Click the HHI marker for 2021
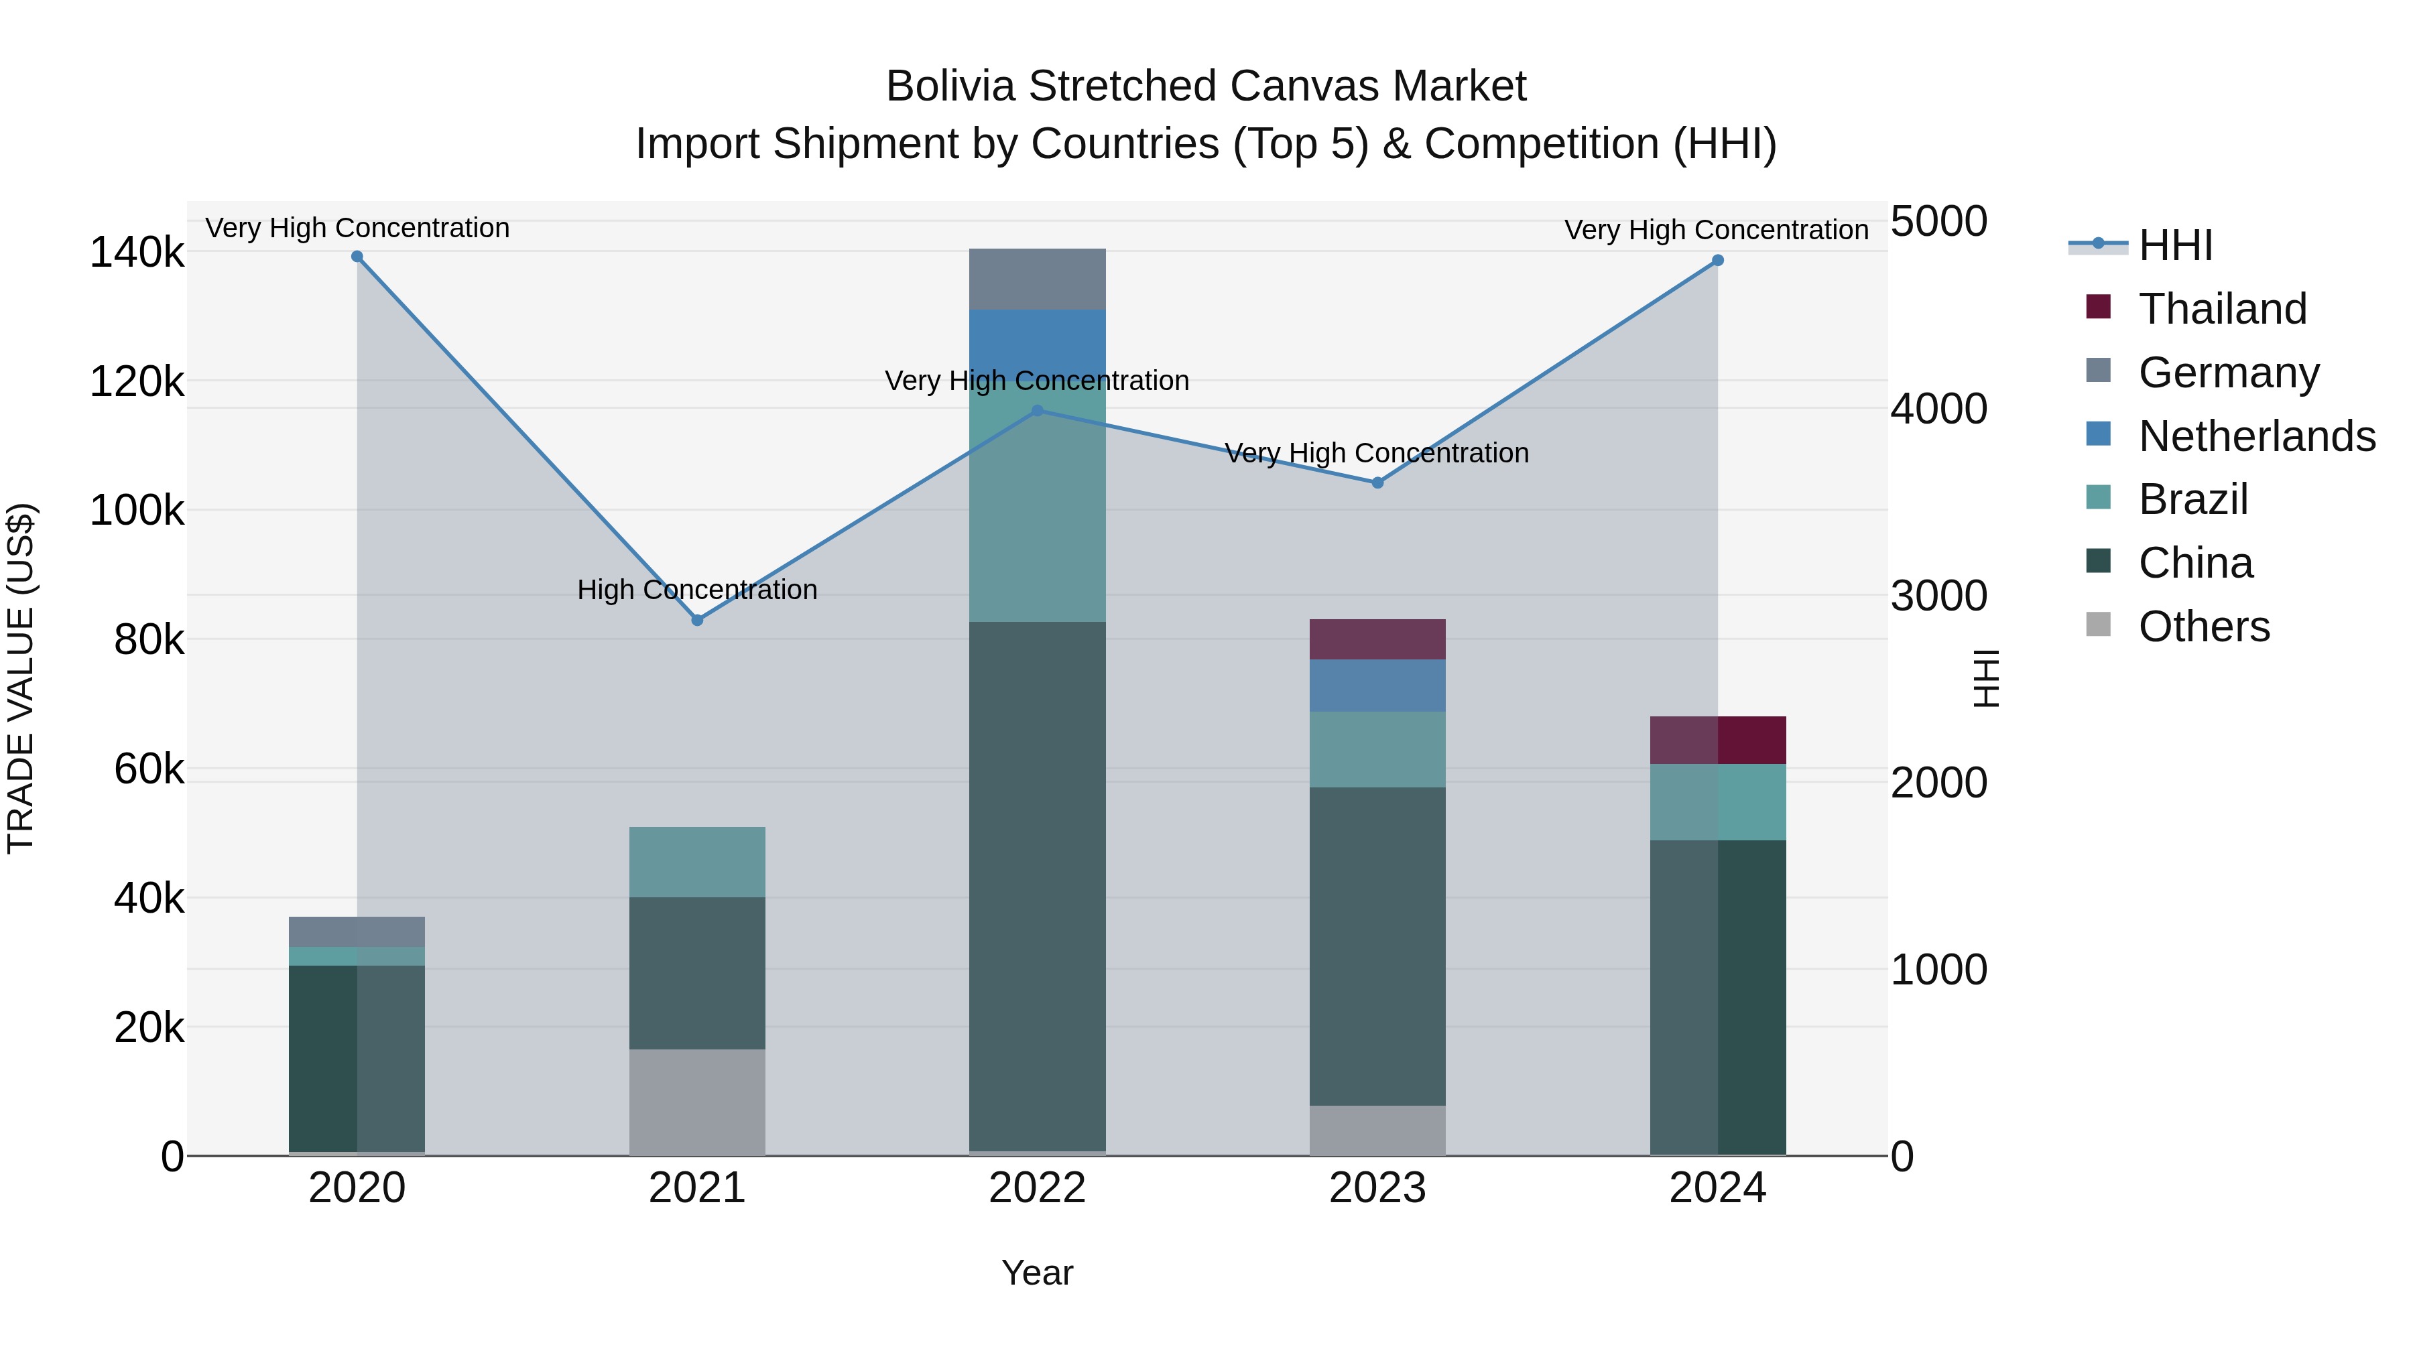pyautogui.click(x=697, y=620)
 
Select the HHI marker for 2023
pyautogui.click(x=1377, y=483)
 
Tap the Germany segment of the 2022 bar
pyautogui.click(x=1037, y=279)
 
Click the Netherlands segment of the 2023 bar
pyautogui.click(x=1377, y=686)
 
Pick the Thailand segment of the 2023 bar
pyautogui.click(x=1377, y=640)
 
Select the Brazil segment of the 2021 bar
pyautogui.click(x=697, y=862)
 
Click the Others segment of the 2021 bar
pyautogui.click(x=697, y=1102)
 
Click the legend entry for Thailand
pyautogui.click(x=2222, y=309)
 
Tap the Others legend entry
pyautogui.click(x=2203, y=627)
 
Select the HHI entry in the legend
pyautogui.click(x=2175, y=245)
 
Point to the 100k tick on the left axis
pyautogui.click(x=137, y=511)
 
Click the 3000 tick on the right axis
pyautogui.click(x=1938, y=596)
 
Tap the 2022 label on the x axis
pyautogui.click(x=1037, y=1188)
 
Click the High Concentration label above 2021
pyautogui.click(x=697, y=590)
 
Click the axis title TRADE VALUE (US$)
pyautogui.click(x=21, y=678)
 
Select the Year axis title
pyautogui.click(x=1037, y=1273)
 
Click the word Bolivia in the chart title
pyautogui.click(x=950, y=86)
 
